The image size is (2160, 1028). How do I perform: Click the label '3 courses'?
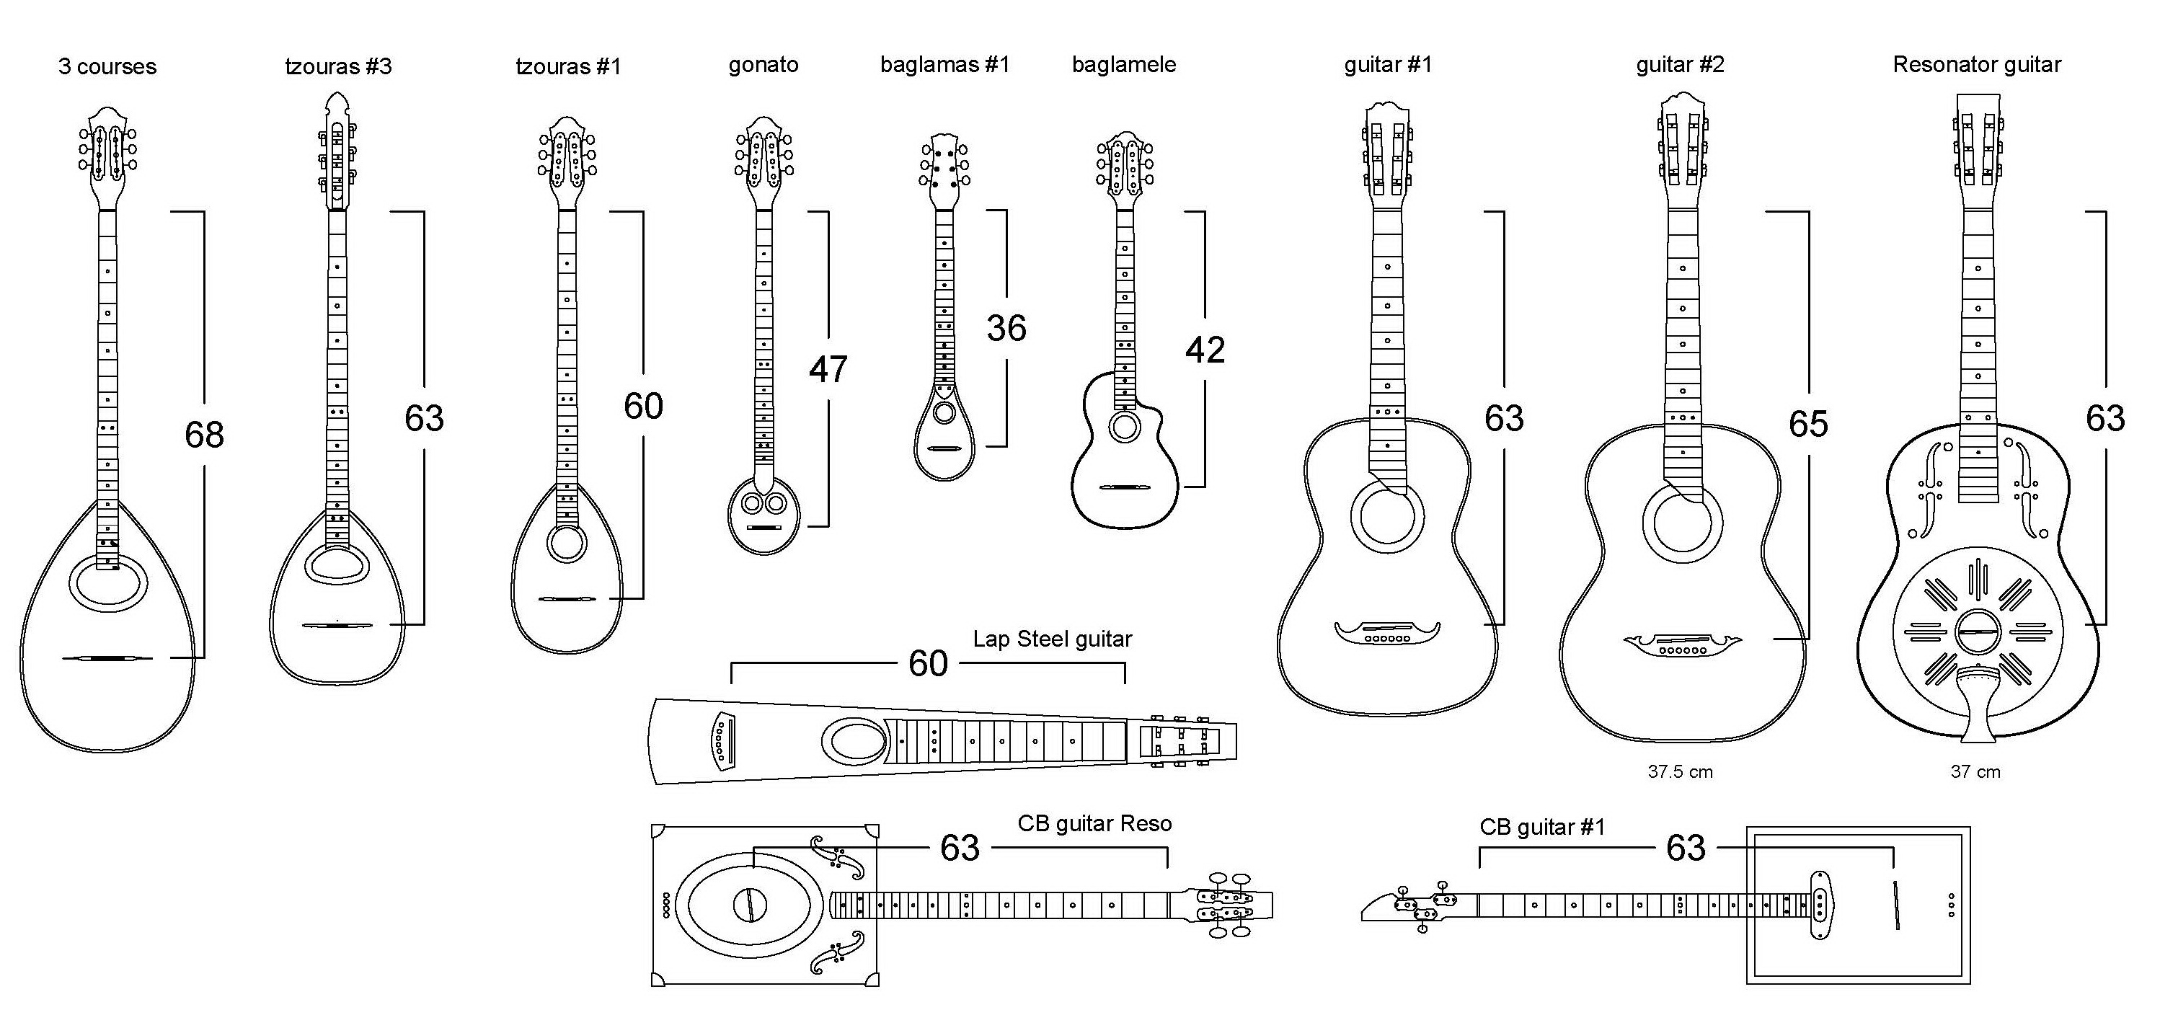pyautogui.click(x=107, y=67)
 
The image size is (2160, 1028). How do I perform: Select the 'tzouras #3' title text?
pyautogui.click(x=338, y=66)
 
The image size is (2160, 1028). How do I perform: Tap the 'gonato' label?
pyautogui.click(x=763, y=65)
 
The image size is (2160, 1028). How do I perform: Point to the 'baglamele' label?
pyautogui.click(x=1123, y=65)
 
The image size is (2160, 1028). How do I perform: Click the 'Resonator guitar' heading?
pyautogui.click(x=1976, y=65)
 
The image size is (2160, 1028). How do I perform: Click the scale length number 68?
pyautogui.click(x=204, y=435)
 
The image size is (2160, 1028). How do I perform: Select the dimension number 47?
pyautogui.click(x=828, y=369)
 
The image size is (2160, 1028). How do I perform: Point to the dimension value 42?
pyautogui.click(x=1205, y=350)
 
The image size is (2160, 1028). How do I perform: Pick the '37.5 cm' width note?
pyautogui.click(x=1680, y=771)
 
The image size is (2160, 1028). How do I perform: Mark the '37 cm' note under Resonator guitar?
pyautogui.click(x=1975, y=771)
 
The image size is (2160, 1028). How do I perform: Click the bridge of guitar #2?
pyautogui.click(x=1682, y=646)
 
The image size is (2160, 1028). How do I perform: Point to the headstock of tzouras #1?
pyautogui.click(x=567, y=159)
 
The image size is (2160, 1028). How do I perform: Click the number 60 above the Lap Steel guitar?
pyautogui.click(x=927, y=664)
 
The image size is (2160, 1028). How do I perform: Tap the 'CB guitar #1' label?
pyautogui.click(x=1541, y=827)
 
